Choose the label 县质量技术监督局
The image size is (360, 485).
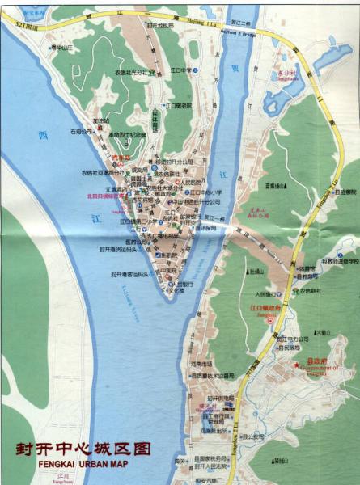click(212, 375)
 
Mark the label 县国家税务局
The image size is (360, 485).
click(213, 458)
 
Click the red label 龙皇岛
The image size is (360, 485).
click(121, 159)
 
